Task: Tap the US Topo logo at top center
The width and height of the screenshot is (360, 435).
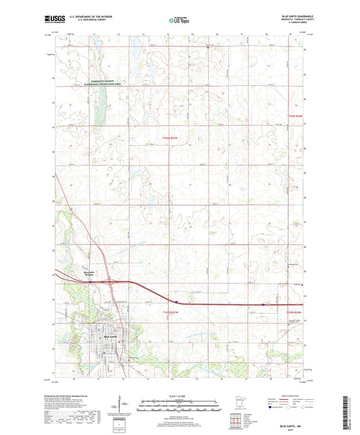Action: [x=179, y=20]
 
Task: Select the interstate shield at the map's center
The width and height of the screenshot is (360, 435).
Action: [x=176, y=302]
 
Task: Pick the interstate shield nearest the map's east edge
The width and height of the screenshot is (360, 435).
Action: [x=263, y=305]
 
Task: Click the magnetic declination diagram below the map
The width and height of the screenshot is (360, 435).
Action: [x=124, y=403]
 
